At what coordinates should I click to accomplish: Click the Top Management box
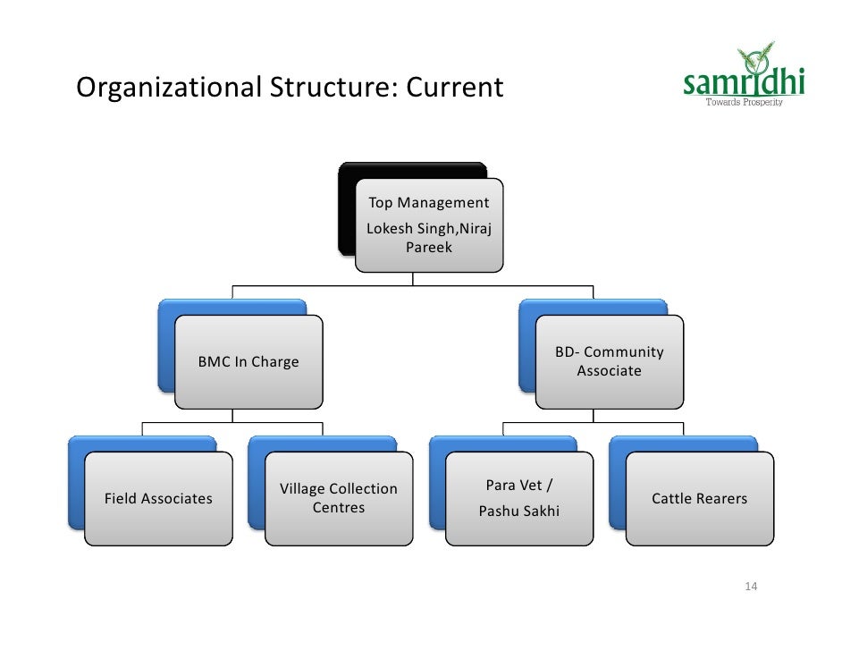click(428, 224)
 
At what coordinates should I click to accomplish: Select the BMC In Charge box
click(248, 362)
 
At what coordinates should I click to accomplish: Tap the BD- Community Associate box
click(609, 361)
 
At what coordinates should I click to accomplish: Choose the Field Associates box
click(158, 498)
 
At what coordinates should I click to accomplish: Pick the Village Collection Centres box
click(339, 498)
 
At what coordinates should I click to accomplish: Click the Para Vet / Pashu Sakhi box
click(518, 498)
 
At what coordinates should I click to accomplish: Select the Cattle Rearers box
click(699, 498)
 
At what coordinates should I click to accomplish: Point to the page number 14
click(751, 587)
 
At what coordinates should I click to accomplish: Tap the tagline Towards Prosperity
click(745, 103)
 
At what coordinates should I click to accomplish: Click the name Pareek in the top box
click(429, 247)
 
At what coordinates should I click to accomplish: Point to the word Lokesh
click(390, 230)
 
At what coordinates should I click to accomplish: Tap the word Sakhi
click(539, 511)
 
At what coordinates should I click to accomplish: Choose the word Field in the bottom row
click(122, 498)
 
